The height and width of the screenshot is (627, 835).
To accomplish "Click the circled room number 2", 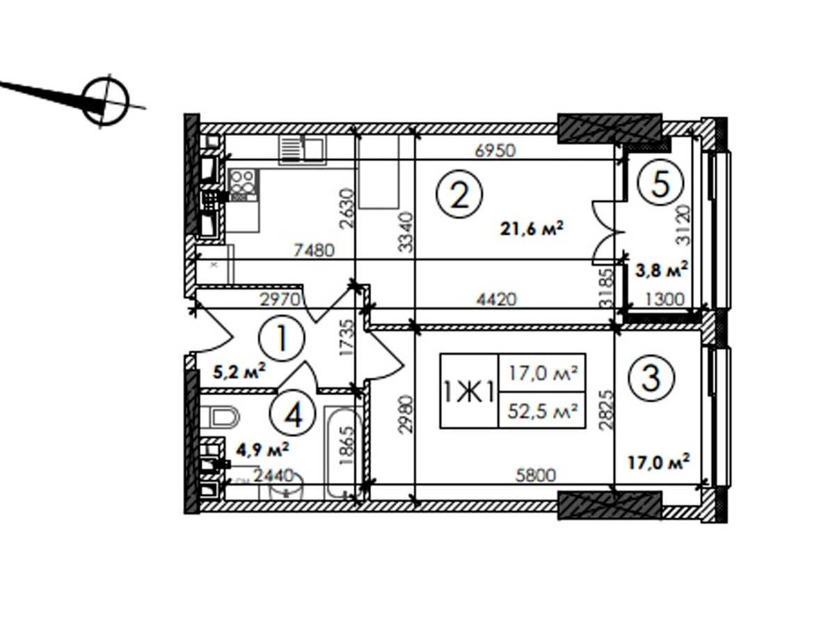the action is click(459, 194).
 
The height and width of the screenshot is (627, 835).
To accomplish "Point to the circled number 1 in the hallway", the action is click(282, 338).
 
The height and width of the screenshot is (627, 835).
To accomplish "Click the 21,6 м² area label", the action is click(532, 229).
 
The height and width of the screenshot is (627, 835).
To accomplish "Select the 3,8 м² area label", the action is click(662, 269).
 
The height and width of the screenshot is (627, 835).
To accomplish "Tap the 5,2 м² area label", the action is click(239, 371).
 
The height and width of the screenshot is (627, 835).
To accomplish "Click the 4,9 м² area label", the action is click(262, 450).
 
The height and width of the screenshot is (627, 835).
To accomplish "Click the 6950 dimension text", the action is click(495, 150).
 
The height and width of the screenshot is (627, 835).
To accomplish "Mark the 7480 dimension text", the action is click(315, 251).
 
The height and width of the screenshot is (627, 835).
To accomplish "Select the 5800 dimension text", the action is click(536, 474).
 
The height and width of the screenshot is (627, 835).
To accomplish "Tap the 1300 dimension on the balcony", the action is click(665, 300).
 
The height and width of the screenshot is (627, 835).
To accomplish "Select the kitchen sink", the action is click(303, 150).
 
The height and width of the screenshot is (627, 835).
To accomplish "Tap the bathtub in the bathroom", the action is click(343, 453).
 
